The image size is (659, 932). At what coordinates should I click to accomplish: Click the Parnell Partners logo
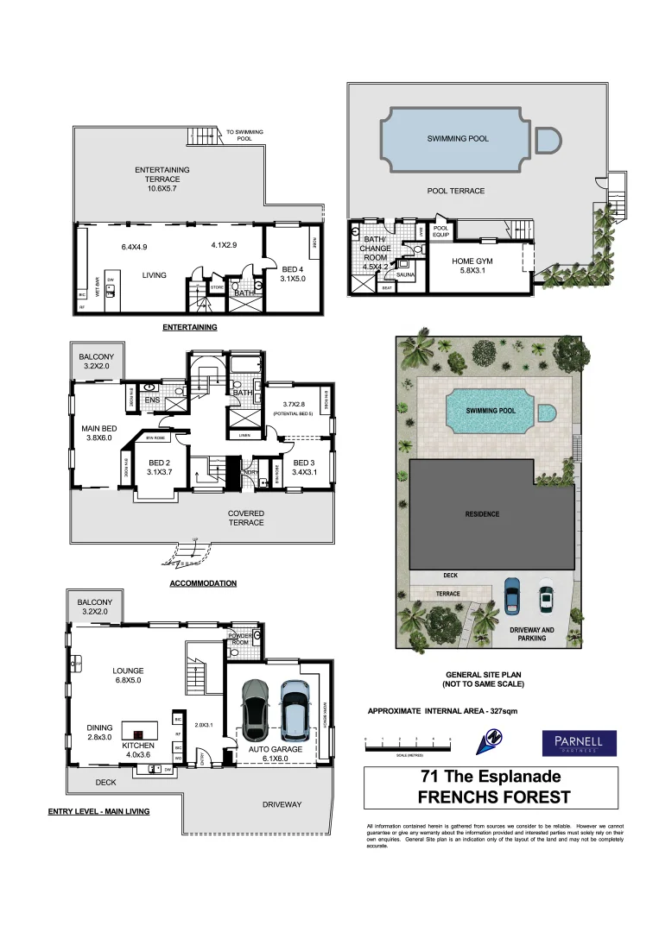tap(579, 743)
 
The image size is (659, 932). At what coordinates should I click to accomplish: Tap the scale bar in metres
tap(409, 741)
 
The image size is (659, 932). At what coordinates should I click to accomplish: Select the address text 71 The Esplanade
tap(491, 778)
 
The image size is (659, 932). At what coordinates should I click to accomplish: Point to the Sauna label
tap(407, 273)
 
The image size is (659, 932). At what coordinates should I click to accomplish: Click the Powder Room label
tap(239, 639)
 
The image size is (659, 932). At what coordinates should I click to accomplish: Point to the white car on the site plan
tap(545, 598)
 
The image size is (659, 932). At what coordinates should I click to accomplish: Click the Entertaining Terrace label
tap(162, 176)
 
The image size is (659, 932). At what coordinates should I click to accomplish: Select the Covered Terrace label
tap(246, 518)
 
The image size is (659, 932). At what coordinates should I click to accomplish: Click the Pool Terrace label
tap(456, 191)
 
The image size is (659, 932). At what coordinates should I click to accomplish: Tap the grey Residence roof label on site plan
tap(483, 514)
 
